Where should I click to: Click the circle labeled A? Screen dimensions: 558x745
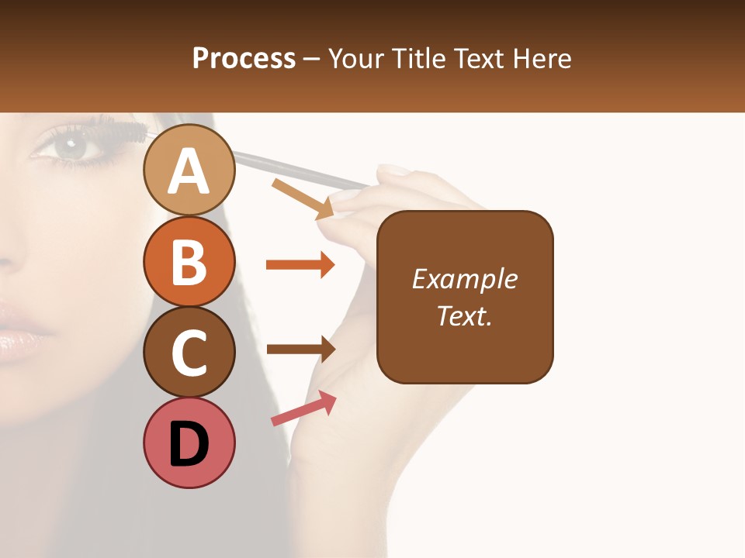pyautogui.click(x=189, y=170)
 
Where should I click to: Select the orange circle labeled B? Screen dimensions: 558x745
pyautogui.click(x=189, y=261)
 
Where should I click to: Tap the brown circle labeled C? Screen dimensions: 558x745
pyautogui.click(x=189, y=352)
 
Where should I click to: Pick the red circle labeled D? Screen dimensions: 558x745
pyautogui.click(x=189, y=443)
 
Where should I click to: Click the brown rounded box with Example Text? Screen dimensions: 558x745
pyautogui.click(x=465, y=297)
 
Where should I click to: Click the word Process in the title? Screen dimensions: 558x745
pyautogui.click(x=244, y=58)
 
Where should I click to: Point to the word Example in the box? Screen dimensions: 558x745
pyautogui.click(x=465, y=279)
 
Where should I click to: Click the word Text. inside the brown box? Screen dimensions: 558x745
pyautogui.click(x=465, y=315)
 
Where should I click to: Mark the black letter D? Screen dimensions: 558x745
pyautogui.click(x=189, y=444)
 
